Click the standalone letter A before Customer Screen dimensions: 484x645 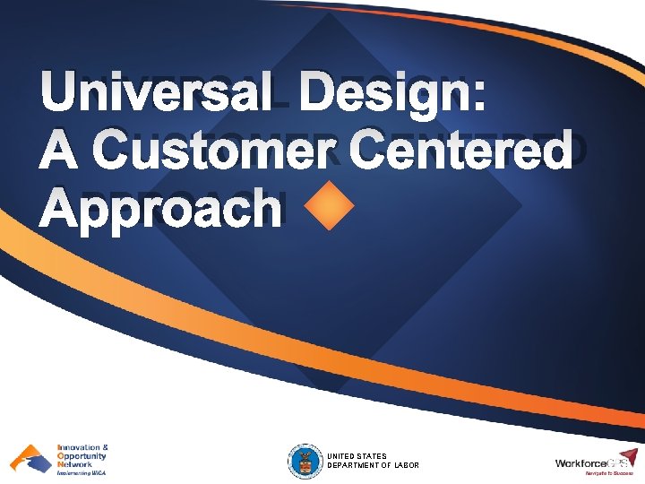click(60, 151)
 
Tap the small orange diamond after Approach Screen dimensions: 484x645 click(330, 208)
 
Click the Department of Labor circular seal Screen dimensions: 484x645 click(305, 461)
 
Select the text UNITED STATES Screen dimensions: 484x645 click(357, 456)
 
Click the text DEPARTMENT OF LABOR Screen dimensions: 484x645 click(373, 465)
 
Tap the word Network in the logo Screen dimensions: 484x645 click(74, 464)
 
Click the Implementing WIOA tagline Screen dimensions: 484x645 click(81, 473)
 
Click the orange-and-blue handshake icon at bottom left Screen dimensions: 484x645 click(30, 459)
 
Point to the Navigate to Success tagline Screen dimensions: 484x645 click(609, 473)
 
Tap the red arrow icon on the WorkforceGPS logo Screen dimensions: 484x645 click(629, 456)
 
